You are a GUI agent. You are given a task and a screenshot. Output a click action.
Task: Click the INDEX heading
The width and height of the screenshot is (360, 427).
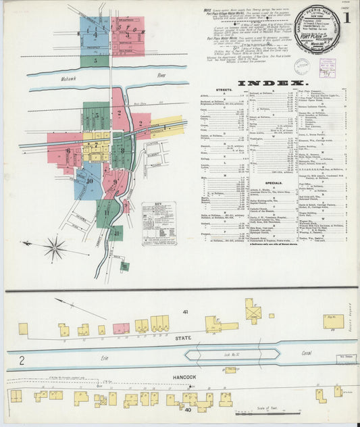pos(270,82)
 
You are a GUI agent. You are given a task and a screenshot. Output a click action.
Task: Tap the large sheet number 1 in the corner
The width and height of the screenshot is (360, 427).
pos(345,18)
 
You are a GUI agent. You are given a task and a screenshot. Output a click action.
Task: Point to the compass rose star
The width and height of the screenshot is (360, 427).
pos(54,249)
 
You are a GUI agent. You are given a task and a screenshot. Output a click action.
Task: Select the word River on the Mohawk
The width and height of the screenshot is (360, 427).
pos(160,76)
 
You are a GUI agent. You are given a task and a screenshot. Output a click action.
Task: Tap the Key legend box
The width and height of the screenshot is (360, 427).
pos(159,224)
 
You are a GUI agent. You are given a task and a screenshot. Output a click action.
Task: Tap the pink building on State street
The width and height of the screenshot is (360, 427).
pos(121,328)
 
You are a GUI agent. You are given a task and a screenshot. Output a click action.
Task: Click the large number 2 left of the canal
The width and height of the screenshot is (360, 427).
pos(22,361)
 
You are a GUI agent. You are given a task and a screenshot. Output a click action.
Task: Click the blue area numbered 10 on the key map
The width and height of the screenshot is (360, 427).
pos(88,180)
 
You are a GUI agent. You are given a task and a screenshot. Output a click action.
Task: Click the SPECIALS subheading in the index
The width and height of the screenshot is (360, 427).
pos(274,182)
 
